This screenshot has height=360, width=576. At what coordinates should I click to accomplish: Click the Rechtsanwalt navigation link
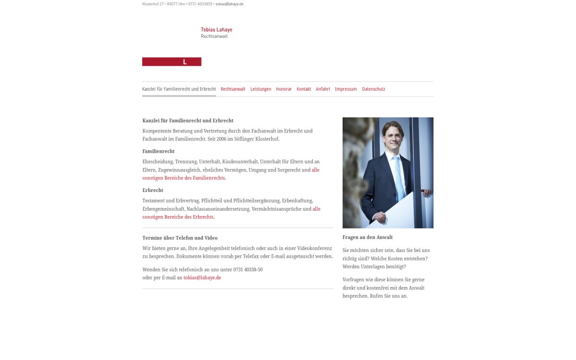233,89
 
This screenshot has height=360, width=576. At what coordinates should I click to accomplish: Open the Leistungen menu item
261,89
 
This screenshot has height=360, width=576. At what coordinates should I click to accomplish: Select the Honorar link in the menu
284,89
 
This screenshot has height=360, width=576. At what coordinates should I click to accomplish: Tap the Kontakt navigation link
303,89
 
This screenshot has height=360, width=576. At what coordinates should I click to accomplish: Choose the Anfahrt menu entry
323,89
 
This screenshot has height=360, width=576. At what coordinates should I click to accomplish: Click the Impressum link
346,89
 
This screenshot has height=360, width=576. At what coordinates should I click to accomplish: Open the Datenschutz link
373,89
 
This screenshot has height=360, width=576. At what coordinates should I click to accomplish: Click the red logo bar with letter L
172,62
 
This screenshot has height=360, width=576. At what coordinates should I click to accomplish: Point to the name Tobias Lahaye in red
216,30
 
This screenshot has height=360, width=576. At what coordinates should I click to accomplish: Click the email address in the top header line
229,4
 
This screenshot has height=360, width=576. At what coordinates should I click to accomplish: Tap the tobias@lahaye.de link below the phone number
202,278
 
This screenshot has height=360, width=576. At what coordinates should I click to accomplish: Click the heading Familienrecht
158,152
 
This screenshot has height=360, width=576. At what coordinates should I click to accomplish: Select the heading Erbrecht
153,191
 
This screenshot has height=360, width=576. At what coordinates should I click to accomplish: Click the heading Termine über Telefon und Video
180,238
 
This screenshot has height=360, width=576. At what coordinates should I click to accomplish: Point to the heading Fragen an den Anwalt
368,238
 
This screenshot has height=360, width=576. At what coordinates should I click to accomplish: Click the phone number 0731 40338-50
248,270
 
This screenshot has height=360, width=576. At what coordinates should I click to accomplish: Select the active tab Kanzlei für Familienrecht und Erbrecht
179,89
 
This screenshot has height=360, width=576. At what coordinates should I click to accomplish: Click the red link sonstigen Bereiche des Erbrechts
179,217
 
